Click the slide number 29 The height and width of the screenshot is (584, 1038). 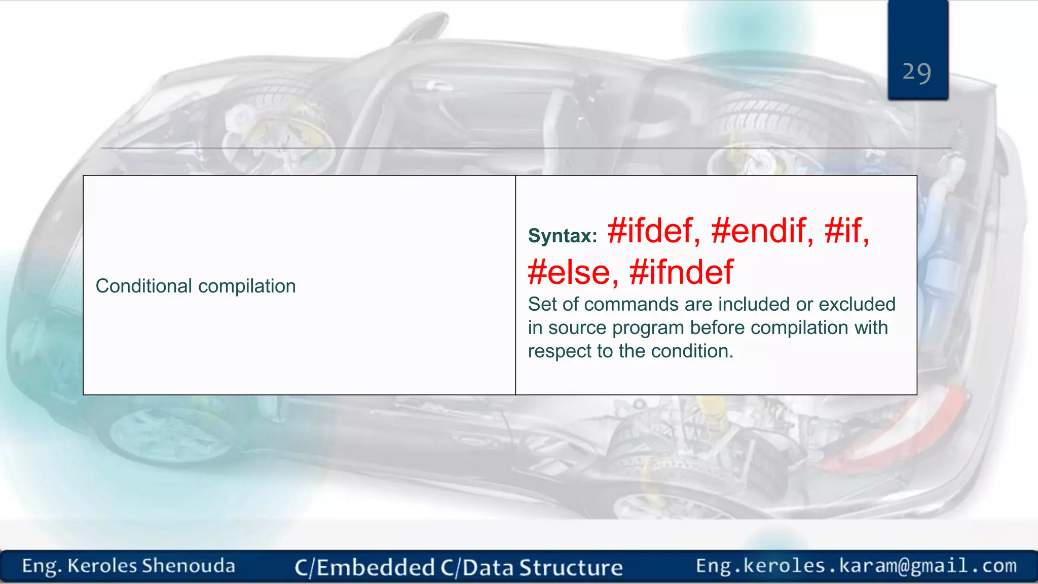pyautogui.click(x=916, y=72)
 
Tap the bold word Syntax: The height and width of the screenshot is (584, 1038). pyautogui.click(x=563, y=236)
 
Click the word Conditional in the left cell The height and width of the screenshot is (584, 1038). pyautogui.click(x=143, y=286)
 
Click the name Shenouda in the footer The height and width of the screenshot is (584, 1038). pyautogui.click(x=189, y=566)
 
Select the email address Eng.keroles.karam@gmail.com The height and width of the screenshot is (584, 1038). pyautogui.click(x=856, y=565)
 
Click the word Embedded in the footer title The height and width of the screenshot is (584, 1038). pyautogui.click(x=376, y=567)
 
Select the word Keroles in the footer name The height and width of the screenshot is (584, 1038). pyautogui.click(x=102, y=566)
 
